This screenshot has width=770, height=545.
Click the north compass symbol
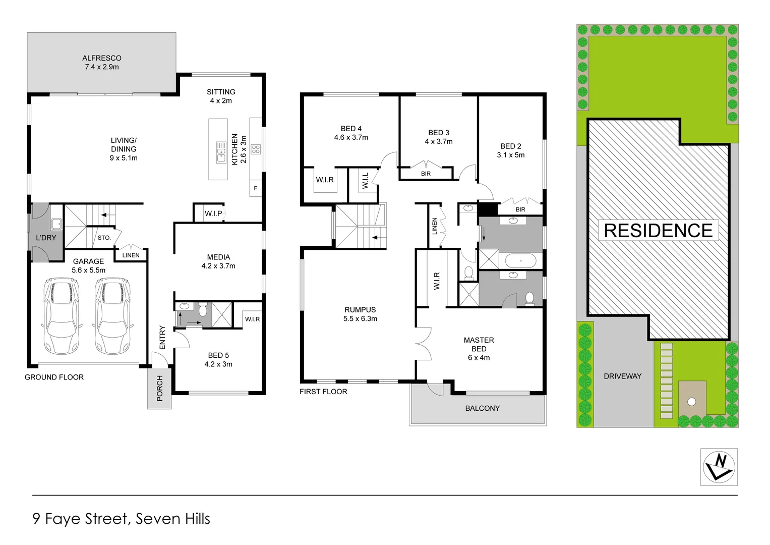tap(719, 467)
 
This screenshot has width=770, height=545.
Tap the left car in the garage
tap(62, 316)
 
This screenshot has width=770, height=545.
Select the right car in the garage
tap(113, 316)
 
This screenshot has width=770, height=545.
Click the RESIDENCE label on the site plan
tap(658, 231)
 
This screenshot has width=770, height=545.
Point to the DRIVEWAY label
tap(623, 376)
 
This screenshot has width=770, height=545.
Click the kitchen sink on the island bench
tap(221, 152)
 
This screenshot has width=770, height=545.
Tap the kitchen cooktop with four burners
tap(256, 149)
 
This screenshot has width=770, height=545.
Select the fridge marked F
tap(256, 188)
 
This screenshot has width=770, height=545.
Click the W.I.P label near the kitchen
tap(213, 213)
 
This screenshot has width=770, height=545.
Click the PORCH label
tap(160, 388)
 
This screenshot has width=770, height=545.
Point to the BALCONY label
tap(482, 408)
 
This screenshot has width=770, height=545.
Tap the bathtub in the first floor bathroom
tap(520, 261)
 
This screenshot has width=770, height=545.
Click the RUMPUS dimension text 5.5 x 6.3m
tap(360, 318)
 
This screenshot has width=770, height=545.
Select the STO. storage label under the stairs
tap(104, 238)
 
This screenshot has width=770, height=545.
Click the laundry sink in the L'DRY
tap(56, 224)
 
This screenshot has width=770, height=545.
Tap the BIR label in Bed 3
tap(426, 174)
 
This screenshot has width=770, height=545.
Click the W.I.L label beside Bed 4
tap(366, 181)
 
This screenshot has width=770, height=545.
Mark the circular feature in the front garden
tap(692, 402)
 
